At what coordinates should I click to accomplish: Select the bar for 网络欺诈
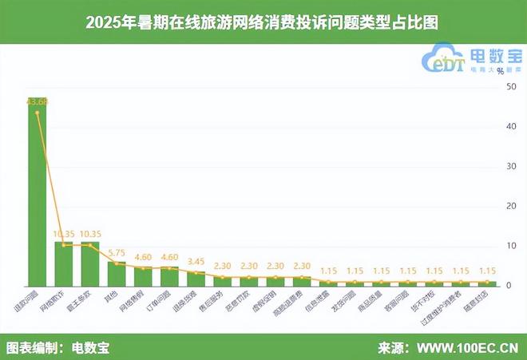point(63,263)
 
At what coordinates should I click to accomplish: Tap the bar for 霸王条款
point(89,263)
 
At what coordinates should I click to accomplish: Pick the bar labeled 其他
point(117,274)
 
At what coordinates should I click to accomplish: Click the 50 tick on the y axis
point(510,86)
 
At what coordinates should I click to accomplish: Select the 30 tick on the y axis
point(510,166)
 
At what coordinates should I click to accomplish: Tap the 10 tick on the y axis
point(510,246)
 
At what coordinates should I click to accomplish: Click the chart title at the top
point(263,23)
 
